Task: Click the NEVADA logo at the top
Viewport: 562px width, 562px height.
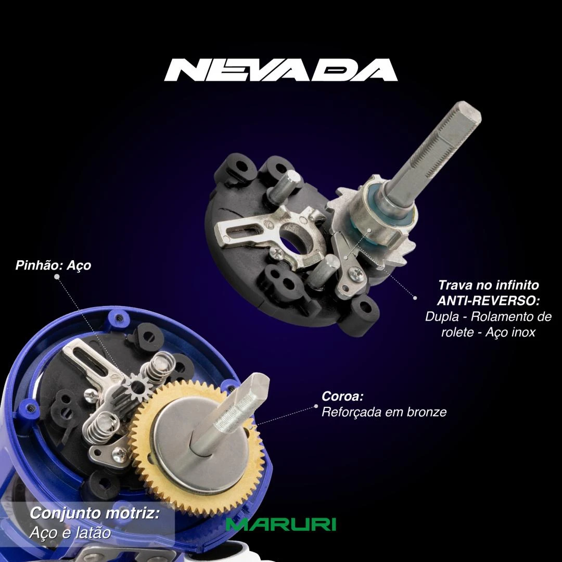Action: click(x=280, y=70)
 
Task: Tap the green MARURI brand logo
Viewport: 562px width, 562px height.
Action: click(x=280, y=525)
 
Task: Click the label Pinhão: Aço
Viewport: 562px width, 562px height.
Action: click(x=53, y=265)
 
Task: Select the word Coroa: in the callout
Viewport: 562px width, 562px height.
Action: click(x=342, y=397)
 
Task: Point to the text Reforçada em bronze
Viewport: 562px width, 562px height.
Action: click(x=384, y=412)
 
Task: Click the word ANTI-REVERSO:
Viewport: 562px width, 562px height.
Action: click(x=488, y=301)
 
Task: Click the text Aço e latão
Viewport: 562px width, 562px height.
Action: click(x=70, y=533)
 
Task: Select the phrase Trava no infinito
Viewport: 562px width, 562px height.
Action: click(x=489, y=285)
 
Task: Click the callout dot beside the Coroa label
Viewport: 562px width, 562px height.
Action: click(x=316, y=406)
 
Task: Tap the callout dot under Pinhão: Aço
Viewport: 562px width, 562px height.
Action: click(x=56, y=276)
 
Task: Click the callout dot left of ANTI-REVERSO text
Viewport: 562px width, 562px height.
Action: click(x=415, y=298)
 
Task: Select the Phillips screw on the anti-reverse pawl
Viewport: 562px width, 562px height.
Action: click(x=356, y=274)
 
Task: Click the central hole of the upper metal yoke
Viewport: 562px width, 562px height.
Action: click(x=292, y=240)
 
